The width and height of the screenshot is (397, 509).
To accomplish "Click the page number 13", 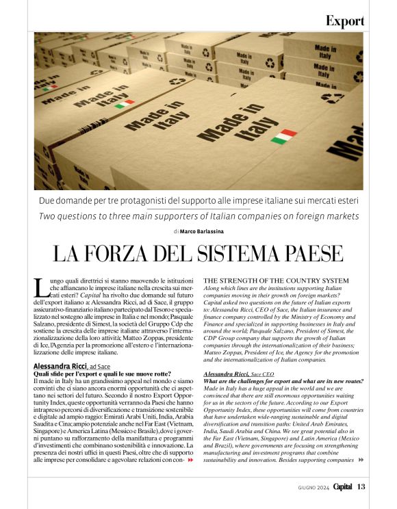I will point(361,486).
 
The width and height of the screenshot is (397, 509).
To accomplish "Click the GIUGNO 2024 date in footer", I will point(313,487).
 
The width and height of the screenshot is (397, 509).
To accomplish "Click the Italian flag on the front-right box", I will point(283,135).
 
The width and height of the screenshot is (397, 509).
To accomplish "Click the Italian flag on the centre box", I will point(124,105).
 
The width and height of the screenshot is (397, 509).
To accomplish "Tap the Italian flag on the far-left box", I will point(49,88).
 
